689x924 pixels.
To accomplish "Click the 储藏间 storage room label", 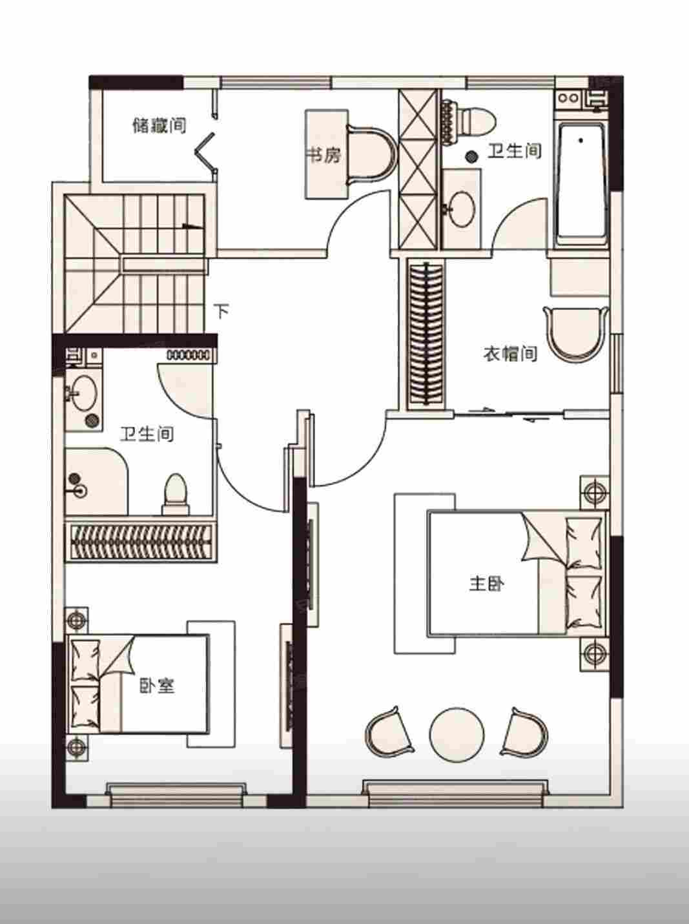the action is tap(159, 125).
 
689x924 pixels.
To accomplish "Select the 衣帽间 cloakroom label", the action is tap(510, 353).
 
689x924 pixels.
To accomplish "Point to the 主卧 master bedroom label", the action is tap(486, 584).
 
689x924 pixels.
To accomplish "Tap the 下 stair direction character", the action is tap(222, 311).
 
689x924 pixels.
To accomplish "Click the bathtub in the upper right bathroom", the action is tap(582, 185).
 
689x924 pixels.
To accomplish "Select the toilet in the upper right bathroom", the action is tap(468, 121).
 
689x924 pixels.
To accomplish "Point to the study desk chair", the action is tap(371, 155).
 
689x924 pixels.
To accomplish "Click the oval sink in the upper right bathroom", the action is tap(462, 209).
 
